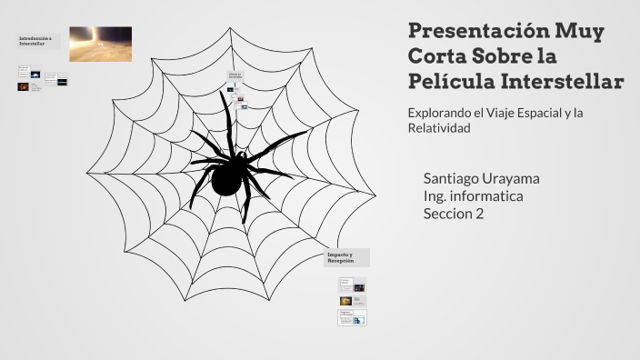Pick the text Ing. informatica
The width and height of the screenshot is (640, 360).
pos(473,195)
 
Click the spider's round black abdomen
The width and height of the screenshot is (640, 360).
pos(227,179)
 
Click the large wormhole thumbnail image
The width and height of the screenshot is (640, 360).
pos(100,43)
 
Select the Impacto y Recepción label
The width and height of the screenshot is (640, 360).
pos(346,257)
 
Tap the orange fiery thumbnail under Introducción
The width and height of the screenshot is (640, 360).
pos(23,86)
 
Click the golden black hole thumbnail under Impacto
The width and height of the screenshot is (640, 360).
pos(345,301)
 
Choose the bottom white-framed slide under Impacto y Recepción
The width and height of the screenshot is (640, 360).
pos(353,317)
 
